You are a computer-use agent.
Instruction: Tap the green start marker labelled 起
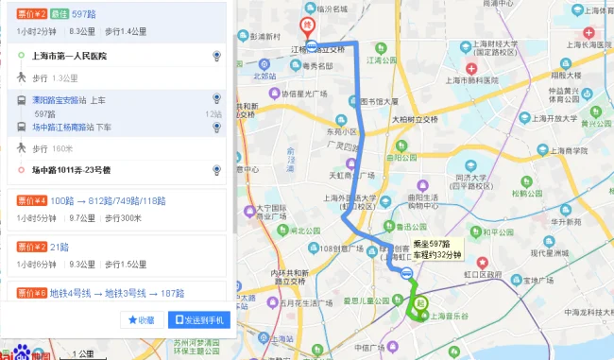pyautogui.click(x=418, y=304)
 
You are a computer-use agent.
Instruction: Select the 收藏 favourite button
pyautogui.click(x=142, y=320)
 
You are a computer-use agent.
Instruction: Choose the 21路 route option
pyautogui.click(x=60, y=246)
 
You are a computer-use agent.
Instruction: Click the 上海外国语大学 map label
pyautogui.click(x=350, y=197)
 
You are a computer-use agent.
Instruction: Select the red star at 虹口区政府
pyautogui.click(x=482, y=262)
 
